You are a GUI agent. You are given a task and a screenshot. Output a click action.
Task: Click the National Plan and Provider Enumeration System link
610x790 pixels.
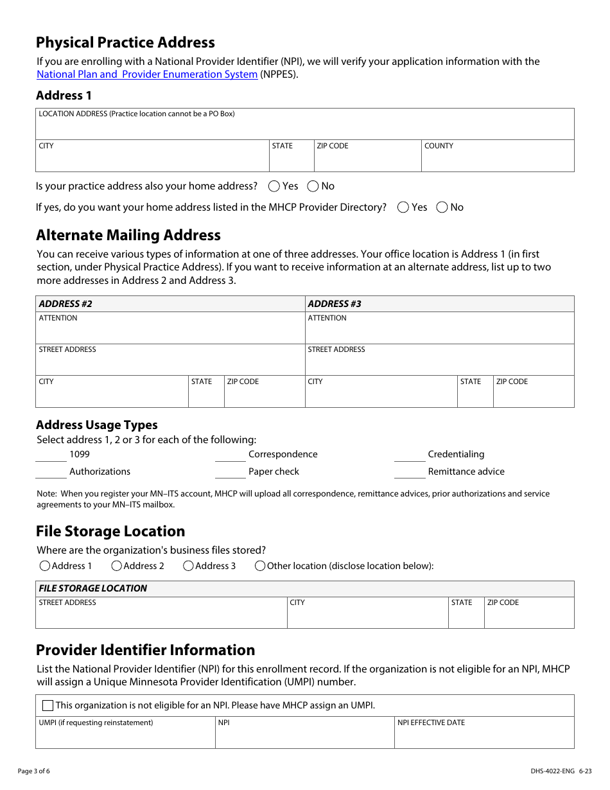point(147,75)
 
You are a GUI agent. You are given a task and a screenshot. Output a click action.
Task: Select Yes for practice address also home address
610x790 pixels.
point(274,186)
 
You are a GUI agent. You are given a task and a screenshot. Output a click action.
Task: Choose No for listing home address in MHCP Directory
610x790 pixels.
point(442,207)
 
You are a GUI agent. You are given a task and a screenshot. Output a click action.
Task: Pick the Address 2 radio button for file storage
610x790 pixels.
point(117,566)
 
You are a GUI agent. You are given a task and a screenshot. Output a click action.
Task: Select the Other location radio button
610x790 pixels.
point(260,566)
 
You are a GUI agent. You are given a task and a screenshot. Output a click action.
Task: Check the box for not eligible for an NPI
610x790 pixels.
point(48,705)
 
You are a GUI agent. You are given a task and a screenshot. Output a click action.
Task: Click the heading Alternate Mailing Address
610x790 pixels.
point(128,235)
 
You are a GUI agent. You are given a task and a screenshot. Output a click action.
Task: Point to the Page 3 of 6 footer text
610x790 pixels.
point(34,771)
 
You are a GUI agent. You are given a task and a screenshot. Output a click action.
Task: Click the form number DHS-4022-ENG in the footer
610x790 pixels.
point(543,771)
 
